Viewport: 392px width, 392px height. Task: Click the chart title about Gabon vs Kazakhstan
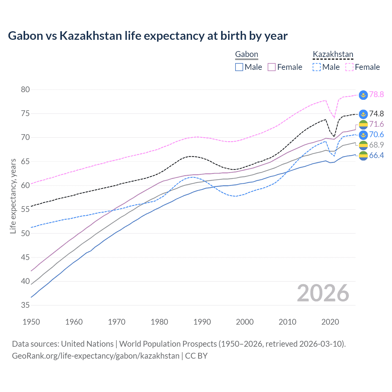[x=148, y=36]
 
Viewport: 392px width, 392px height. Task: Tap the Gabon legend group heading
[x=247, y=55]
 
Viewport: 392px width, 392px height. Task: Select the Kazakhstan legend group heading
[x=333, y=55]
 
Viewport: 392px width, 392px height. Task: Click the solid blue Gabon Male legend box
[x=239, y=67]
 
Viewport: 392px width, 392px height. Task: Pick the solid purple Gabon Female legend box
[x=272, y=67]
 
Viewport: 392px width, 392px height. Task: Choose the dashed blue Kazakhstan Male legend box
[x=317, y=67]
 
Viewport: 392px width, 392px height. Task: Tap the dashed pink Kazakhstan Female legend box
[x=349, y=67]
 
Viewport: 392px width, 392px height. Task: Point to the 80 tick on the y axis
[x=25, y=90]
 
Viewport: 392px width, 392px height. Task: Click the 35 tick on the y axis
[x=25, y=305]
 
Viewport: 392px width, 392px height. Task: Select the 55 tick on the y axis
[x=25, y=209]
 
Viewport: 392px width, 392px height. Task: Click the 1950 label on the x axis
[x=31, y=322]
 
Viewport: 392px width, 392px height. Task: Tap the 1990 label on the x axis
[x=202, y=322]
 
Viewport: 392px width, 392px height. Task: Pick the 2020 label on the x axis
[x=330, y=322]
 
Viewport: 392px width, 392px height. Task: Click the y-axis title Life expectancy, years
[x=13, y=196]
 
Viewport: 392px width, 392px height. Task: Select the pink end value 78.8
[x=376, y=94]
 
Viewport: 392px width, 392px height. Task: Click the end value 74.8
[x=376, y=114]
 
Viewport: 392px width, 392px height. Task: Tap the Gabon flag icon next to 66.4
[x=363, y=156]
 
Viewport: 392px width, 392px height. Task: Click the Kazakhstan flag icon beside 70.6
[x=363, y=135]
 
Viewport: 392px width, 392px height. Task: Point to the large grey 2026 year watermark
[x=323, y=293]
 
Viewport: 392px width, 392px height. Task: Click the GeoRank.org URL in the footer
[x=96, y=356]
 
